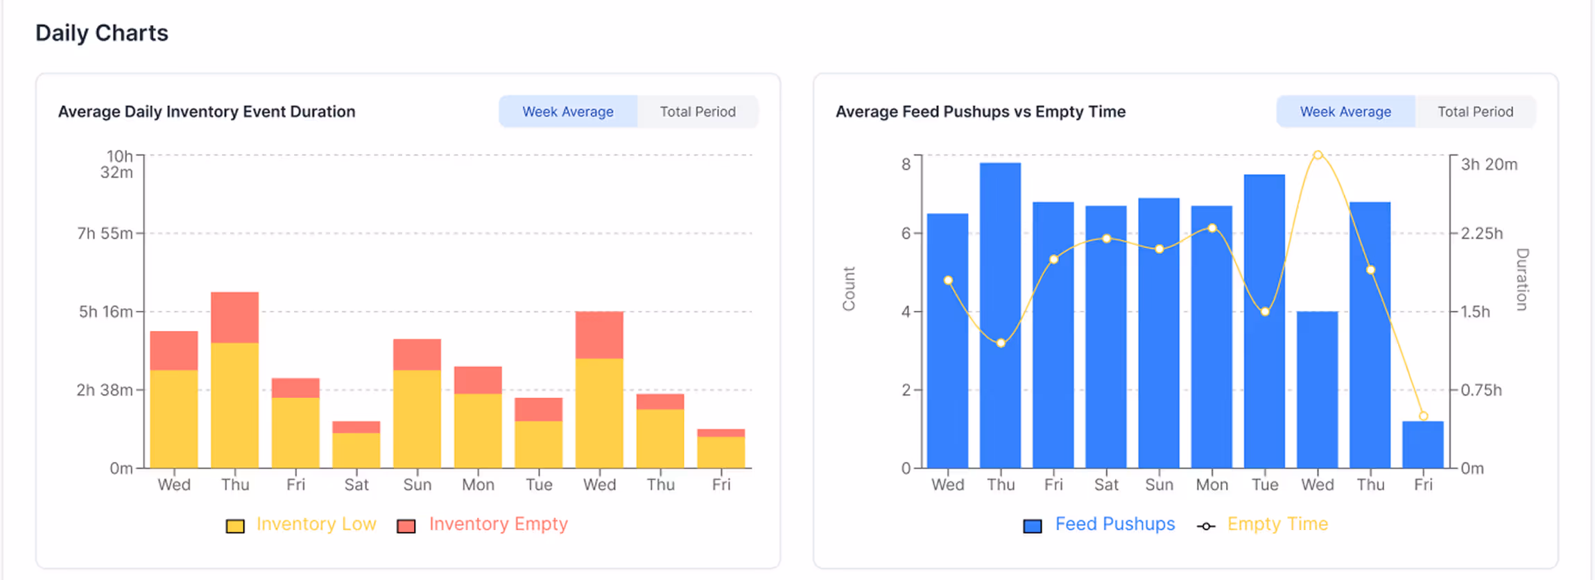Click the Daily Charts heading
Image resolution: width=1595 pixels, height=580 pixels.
(x=101, y=33)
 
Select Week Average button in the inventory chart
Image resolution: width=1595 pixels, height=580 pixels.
(x=567, y=112)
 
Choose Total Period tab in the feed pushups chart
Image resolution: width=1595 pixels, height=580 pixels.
(x=1475, y=112)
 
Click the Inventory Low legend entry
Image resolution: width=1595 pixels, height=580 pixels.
(x=316, y=524)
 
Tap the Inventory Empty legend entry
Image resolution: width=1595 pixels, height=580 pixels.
(x=497, y=524)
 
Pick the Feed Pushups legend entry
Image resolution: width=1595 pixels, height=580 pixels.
(x=1114, y=524)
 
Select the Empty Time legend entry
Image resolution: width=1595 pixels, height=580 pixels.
(x=1277, y=524)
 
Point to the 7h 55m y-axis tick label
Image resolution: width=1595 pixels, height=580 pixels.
(x=104, y=233)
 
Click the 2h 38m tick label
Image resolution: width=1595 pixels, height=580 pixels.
(x=104, y=390)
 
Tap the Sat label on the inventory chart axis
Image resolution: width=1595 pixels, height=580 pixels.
(x=356, y=484)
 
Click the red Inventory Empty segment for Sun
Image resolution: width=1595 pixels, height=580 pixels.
(x=417, y=355)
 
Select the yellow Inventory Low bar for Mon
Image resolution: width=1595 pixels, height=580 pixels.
(x=478, y=430)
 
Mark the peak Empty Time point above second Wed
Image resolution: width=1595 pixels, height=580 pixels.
(x=1318, y=155)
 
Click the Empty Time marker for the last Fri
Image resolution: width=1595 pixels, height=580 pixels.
(x=1423, y=416)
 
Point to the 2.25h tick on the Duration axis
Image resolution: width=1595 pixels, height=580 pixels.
(x=1481, y=233)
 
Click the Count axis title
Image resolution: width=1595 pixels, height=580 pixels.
(x=849, y=289)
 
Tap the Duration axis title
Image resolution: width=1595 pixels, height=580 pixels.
(x=1521, y=280)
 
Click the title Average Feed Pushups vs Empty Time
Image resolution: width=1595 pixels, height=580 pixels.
(x=980, y=112)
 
